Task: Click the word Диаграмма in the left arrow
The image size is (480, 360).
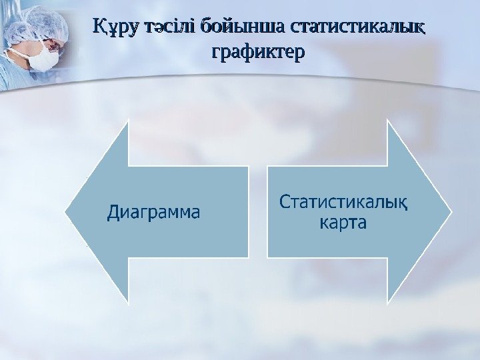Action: coord(153,213)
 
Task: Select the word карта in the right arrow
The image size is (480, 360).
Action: coord(343,223)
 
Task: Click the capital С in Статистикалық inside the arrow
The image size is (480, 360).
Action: coord(285,201)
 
